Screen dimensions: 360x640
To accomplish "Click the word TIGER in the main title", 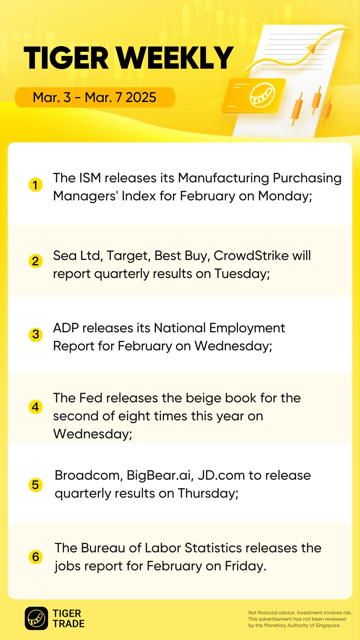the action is (x=66, y=58).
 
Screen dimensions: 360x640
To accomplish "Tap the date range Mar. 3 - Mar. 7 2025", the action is (x=94, y=97).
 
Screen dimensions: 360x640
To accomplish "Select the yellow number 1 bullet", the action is (x=36, y=185).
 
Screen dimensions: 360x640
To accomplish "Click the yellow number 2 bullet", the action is (x=36, y=261).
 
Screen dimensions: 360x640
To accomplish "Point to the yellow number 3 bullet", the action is (x=36, y=334).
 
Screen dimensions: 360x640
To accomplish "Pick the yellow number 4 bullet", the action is (x=36, y=407).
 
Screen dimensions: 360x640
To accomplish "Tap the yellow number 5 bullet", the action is (x=36, y=485).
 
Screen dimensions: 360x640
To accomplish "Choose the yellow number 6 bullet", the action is (x=36, y=557).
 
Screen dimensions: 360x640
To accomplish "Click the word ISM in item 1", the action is (x=90, y=178).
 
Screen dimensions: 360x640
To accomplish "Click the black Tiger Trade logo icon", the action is (x=36, y=618).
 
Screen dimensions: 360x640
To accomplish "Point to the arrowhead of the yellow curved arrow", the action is (x=311, y=48).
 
